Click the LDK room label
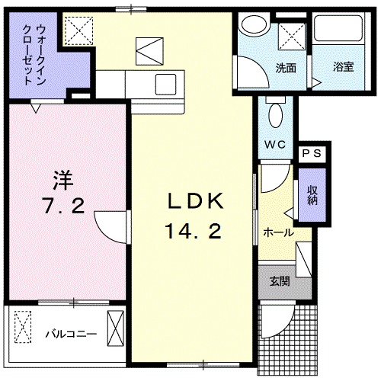tap(194, 203)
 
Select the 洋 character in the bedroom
tap(64, 181)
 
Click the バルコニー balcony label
tap(69, 333)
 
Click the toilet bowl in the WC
tap(277, 115)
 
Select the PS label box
tap(313, 153)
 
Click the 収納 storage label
tap(312, 195)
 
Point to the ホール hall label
tap(277, 232)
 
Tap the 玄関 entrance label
tap(279, 280)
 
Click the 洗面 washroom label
tap(286, 67)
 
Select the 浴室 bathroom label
tap(343, 67)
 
